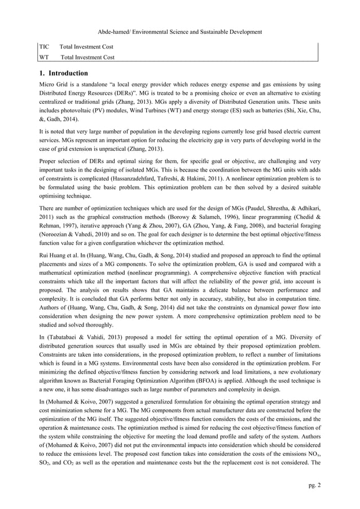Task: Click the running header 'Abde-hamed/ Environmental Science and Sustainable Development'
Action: (x=180, y=32)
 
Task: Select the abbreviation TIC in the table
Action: (x=45, y=46)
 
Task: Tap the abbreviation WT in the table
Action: (x=45, y=57)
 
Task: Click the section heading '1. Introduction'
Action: (x=63, y=73)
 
